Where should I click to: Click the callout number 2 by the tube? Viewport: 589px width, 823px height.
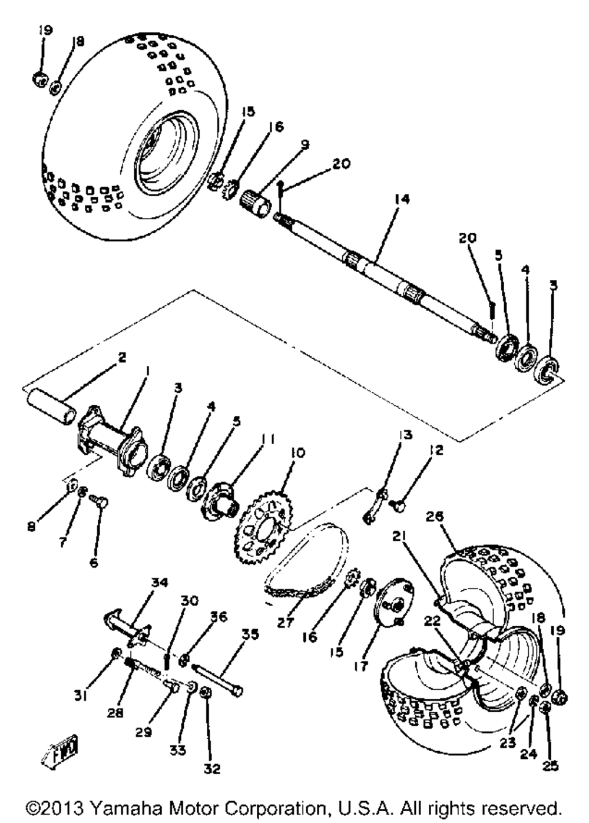[121, 357]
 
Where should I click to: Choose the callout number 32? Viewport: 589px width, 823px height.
[213, 769]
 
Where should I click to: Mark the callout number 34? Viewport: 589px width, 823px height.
[158, 583]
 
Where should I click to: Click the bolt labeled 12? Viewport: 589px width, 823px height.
[399, 505]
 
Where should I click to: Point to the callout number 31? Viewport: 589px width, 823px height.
[81, 697]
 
